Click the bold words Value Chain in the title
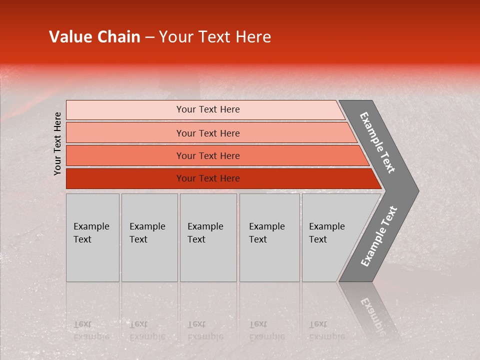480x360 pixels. click(94, 37)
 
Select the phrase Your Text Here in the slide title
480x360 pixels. click(215, 37)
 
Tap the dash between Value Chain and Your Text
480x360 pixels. click(149, 37)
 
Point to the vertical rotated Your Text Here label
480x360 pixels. click(58, 143)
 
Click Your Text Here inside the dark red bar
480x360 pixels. click(208, 178)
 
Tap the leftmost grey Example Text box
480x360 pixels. click(92, 237)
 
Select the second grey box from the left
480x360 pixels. click(149, 237)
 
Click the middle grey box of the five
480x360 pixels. click(208, 237)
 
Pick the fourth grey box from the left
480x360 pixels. click(269, 237)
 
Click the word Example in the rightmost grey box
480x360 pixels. click(326, 226)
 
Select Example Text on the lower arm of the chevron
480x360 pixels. click(379, 236)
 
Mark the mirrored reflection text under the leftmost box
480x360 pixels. click(91, 330)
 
